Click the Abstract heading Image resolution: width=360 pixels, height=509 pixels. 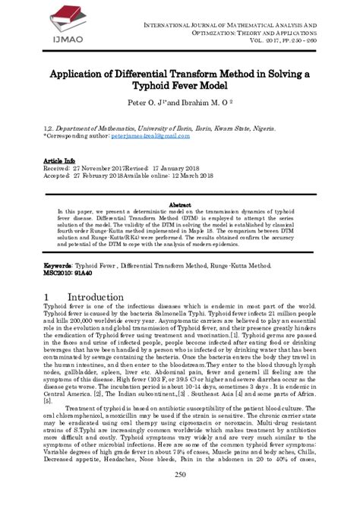(179, 204)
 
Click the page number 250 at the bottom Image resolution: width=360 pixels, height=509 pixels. (179, 496)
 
